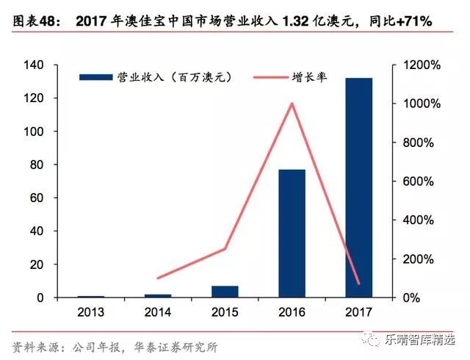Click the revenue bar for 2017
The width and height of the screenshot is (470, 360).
pos(358,187)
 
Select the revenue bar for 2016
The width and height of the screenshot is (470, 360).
pos(292,233)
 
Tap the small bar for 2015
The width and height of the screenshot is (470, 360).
pos(225,291)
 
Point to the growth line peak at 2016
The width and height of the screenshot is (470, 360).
pos(292,104)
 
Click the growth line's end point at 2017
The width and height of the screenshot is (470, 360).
pos(358,283)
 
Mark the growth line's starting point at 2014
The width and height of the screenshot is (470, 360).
pos(158,278)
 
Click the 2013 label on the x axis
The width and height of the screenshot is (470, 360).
pos(91,312)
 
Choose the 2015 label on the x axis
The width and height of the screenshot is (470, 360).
pos(225,312)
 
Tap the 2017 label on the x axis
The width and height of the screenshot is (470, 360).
pos(358,312)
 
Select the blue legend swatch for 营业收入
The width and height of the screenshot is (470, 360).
pos(94,76)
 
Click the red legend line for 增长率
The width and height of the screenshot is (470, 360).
pos(270,76)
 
